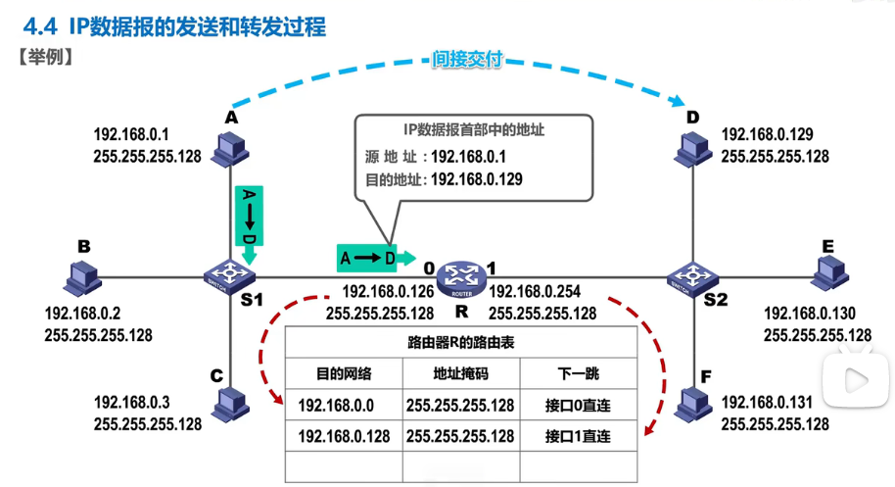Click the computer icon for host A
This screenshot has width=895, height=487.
[231, 147]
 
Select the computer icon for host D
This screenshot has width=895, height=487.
[692, 147]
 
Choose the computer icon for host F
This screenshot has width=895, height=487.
[692, 402]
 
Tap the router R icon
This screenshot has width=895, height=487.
[459, 277]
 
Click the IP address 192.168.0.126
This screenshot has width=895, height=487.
[388, 291]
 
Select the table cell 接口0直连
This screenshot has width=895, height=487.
[578, 405]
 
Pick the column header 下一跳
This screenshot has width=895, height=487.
[578, 373]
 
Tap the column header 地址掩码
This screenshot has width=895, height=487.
[460, 373]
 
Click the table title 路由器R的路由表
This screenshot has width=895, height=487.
[460, 343]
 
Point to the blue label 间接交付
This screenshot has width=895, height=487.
[467, 61]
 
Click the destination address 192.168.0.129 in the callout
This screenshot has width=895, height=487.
[476, 179]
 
